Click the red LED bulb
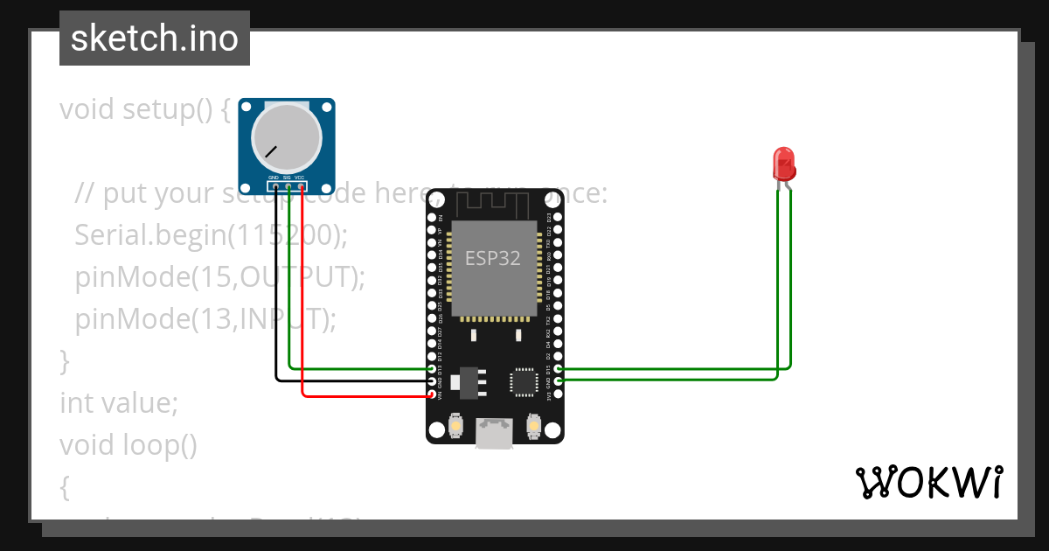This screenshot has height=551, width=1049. point(783,164)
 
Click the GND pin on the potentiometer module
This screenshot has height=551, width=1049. point(275,185)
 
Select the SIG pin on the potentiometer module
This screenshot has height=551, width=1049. point(288,185)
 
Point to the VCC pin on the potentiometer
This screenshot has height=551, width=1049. point(301,185)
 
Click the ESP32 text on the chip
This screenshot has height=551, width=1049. point(492,258)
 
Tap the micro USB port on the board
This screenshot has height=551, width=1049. point(495,433)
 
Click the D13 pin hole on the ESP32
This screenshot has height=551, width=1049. point(432,369)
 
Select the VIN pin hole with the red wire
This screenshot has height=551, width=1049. point(432,394)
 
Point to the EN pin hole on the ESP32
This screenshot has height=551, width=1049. point(432,217)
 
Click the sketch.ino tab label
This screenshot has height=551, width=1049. point(155,39)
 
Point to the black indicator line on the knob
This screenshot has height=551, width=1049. point(272,151)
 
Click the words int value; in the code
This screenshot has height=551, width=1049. point(119,403)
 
